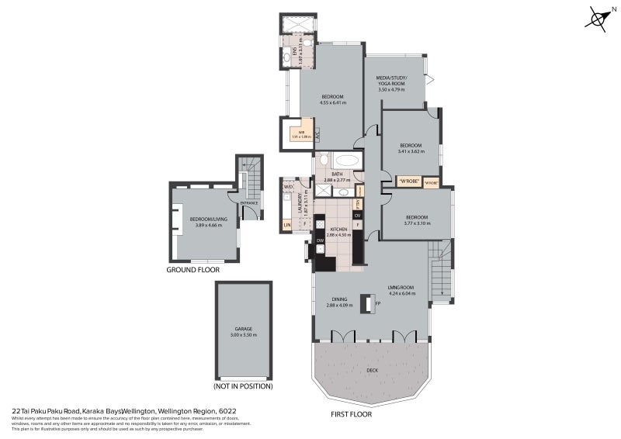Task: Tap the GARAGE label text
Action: click(245, 328)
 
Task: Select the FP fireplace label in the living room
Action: click(378, 304)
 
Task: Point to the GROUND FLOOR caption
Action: click(193, 271)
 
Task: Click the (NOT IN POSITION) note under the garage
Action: click(243, 385)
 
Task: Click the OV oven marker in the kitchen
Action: click(357, 215)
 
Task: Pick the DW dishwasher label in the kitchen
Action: click(320, 241)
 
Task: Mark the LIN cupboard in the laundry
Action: click(287, 225)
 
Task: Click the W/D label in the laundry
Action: click(288, 186)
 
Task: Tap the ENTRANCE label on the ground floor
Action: click(249, 203)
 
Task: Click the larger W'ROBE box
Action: click(408, 181)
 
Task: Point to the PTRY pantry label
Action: click(358, 203)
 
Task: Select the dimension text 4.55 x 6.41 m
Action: click(332, 102)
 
